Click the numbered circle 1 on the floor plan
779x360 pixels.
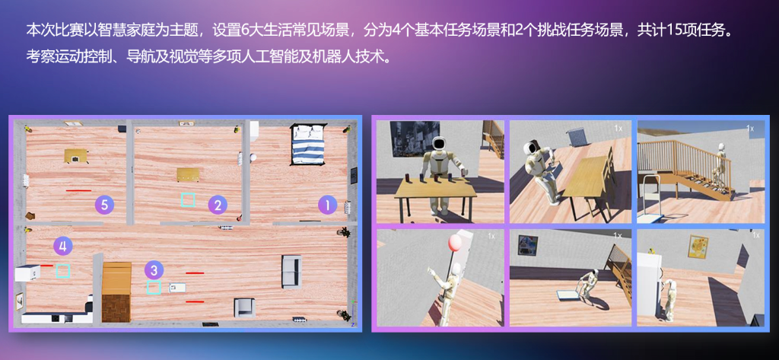coord(327,205)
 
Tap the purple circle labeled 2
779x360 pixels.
coord(218,205)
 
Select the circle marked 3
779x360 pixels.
coord(154,270)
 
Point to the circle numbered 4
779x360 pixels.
coord(62,245)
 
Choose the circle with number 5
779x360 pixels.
coord(105,205)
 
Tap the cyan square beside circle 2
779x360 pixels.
coord(188,200)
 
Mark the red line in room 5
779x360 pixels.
coord(78,190)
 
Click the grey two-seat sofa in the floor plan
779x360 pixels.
coord(291,272)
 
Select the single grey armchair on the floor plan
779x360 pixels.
coord(244,307)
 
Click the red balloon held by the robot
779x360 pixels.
coord(455,243)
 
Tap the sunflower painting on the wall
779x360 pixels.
coord(698,247)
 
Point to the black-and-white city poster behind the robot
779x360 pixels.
coord(415,138)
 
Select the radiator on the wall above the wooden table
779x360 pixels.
coord(578,137)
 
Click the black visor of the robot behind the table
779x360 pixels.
coord(438,145)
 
